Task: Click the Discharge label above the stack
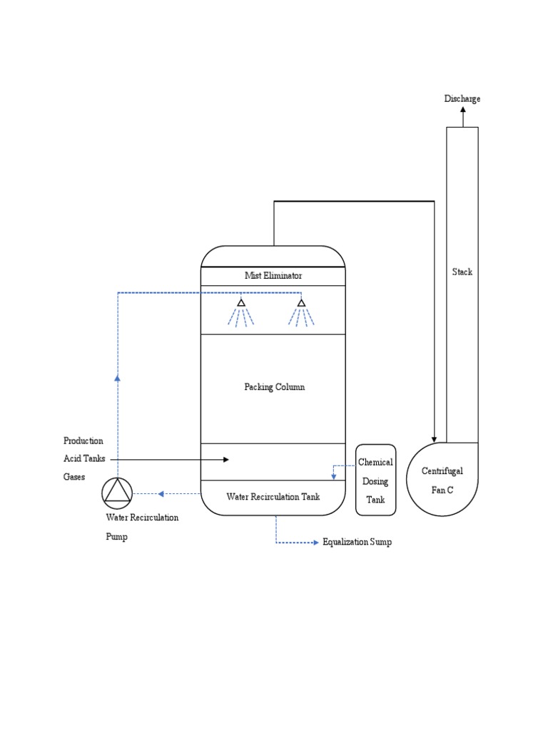tap(462, 98)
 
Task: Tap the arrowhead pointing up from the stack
tap(462, 110)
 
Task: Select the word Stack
tap(462, 272)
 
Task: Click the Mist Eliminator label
tap(273, 276)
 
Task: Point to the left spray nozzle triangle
tap(241, 303)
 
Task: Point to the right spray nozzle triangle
tap(301, 303)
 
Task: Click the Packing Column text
tap(274, 387)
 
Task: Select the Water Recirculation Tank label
tap(273, 496)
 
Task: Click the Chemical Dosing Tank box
tap(375, 480)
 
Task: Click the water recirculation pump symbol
tap(118, 492)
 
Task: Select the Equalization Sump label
tap(357, 543)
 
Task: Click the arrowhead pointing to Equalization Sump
tap(315, 543)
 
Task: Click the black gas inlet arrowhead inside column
tap(225, 460)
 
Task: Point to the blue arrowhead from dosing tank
tap(333, 475)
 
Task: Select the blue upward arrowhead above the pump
tap(118, 379)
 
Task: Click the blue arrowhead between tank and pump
tap(161, 493)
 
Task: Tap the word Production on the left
tap(83, 441)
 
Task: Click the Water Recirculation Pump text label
tap(142, 526)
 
